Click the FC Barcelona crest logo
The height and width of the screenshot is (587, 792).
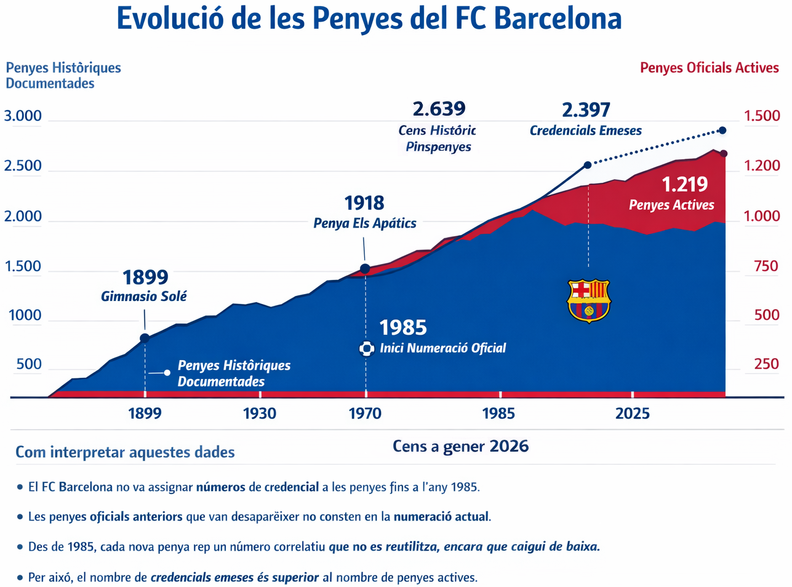point(589,300)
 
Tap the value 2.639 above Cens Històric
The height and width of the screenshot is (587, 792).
point(439,109)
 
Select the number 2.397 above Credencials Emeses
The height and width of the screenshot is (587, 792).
point(586,110)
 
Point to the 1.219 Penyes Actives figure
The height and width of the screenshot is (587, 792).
point(684,184)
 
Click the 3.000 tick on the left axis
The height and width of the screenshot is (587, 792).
point(23,116)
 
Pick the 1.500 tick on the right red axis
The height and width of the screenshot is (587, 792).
point(762,116)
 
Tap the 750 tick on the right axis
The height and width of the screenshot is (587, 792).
point(766,266)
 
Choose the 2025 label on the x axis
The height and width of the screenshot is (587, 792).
point(632,413)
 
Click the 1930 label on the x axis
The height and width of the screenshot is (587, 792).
point(259,413)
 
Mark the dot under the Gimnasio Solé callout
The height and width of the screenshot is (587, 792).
point(145,338)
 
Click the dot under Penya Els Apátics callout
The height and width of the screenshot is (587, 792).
point(365,269)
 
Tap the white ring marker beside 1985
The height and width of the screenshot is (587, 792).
point(366,349)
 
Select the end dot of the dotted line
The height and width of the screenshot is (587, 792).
point(722,130)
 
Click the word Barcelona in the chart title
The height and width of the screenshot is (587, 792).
point(558,18)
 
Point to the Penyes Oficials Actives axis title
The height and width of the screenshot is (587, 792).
point(709,68)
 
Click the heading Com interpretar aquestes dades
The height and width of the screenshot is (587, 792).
point(125,453)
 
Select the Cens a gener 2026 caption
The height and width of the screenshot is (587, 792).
point(460,446)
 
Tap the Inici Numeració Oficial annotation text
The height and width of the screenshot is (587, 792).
point(442,348)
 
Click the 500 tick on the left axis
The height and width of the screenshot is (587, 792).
point(29,364)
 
